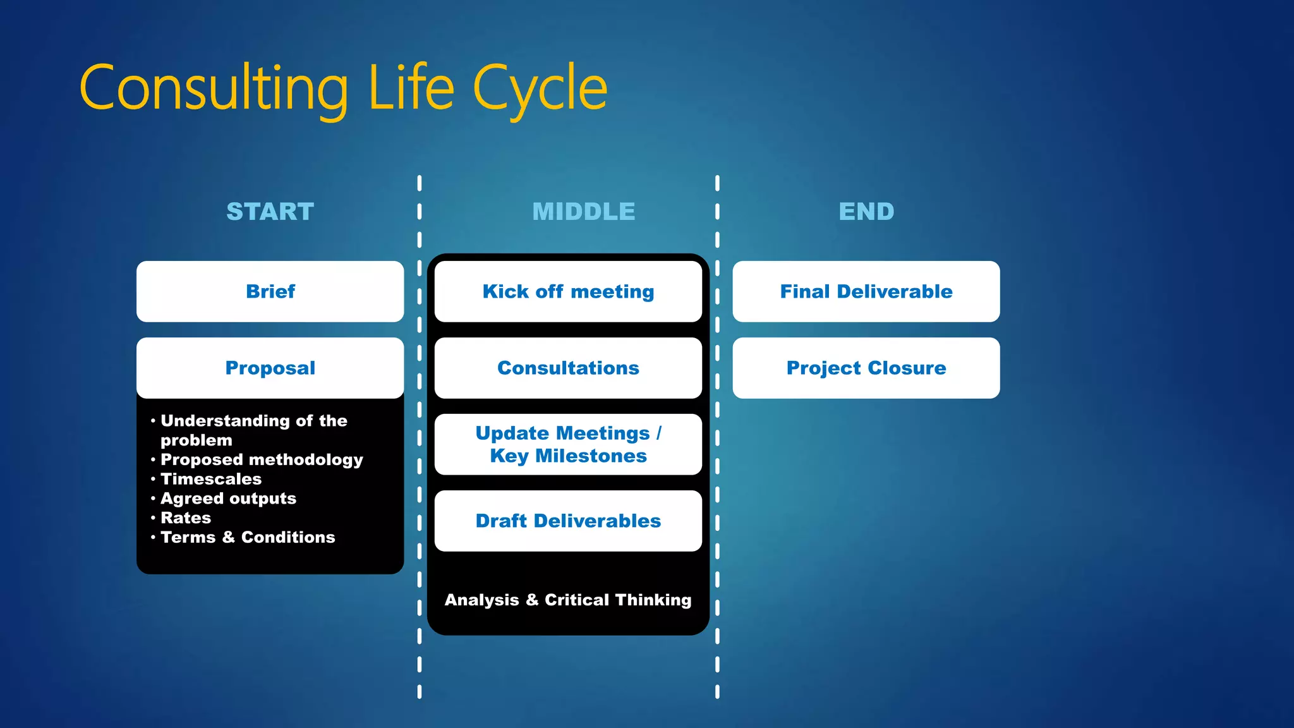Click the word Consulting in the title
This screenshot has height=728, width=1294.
point(214,88)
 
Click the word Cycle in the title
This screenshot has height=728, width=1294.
point(540,88)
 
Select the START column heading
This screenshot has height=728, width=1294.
point(270,212)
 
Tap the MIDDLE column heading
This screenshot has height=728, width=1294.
point(584,212)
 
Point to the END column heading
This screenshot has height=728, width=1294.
point(866,212)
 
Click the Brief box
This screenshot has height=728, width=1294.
point(270,291)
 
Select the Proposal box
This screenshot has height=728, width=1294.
point(270,368)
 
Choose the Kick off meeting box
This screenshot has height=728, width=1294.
point(568,291)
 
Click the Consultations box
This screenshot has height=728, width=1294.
point(568,368)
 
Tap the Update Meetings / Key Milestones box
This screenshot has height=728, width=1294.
point(568,444)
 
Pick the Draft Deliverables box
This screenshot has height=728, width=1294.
point(568,521)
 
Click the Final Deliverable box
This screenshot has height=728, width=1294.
point(866,291)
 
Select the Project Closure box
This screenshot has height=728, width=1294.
point(866,368)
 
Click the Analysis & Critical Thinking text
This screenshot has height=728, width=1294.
point(568,600)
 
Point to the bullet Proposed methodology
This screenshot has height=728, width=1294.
point(262,459)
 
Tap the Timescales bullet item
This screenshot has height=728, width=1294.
point(211,479)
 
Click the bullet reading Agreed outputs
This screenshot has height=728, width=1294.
point(228,499)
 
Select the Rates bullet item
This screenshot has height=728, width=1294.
point(186,518)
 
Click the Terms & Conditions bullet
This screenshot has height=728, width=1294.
point(248,537)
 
